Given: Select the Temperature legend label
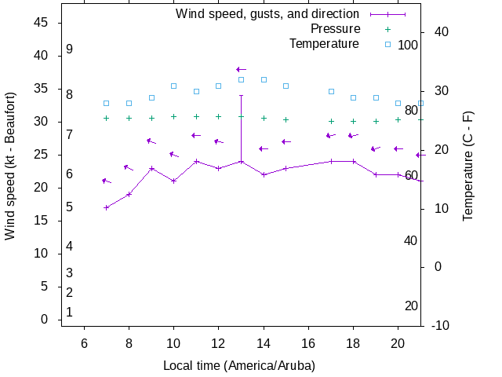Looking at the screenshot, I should click(324, 43).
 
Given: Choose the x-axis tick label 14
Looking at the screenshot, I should click(264, 343).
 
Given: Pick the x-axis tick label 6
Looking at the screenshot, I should click(84, 343).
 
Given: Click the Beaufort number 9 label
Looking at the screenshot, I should click(70, 49).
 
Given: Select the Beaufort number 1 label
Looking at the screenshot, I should click(70, 313).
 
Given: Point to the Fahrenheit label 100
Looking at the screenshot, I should click(408, 45).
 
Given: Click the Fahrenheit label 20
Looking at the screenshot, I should click(411, 306).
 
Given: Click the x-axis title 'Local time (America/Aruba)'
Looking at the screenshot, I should click(239, 366).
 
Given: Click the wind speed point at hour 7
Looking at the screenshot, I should click(107, 207).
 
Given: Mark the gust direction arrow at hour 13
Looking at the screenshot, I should click(241, 70).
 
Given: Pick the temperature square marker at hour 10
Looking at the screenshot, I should click(174, 86).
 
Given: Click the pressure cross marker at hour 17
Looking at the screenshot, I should click(331, 121).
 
